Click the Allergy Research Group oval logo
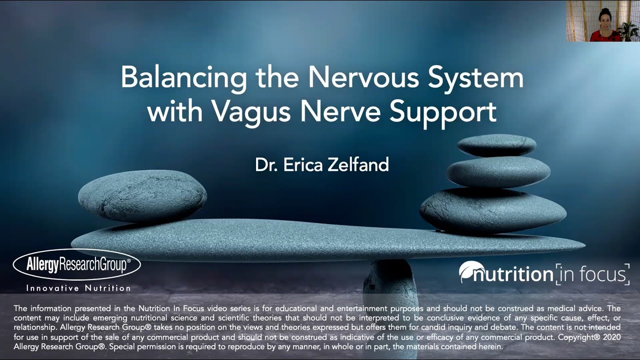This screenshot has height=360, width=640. coord(76,265)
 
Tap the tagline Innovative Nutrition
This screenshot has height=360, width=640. coord(78,288)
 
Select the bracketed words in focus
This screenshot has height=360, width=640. coord(592,274)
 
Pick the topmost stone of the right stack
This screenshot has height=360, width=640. coord(496,145)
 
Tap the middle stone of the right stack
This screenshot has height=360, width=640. coord(498,171)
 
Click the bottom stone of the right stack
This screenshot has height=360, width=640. coord(492,209)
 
